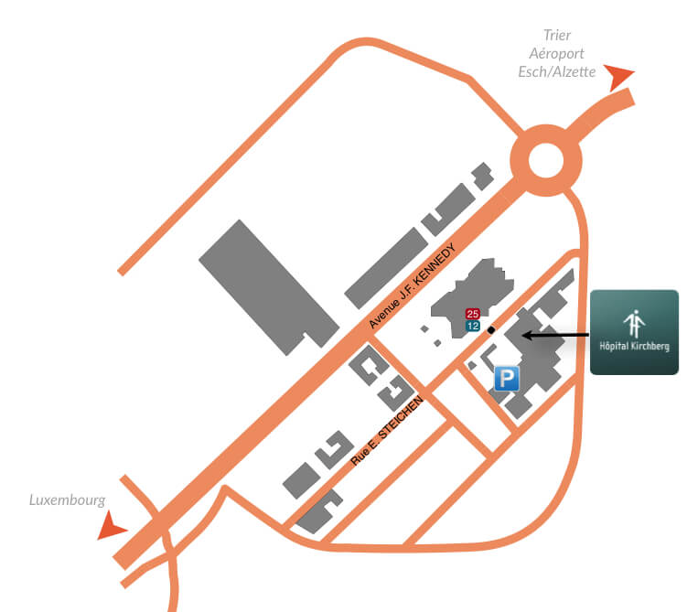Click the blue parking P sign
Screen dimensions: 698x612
coord(507,379)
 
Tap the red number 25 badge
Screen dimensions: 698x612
coord(472,314)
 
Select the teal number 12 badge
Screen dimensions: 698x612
coord(473,326)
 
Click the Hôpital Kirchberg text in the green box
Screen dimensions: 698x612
coord(634,347)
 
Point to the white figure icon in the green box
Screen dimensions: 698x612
coord(634,324)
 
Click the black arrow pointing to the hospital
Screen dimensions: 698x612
coord(555,335)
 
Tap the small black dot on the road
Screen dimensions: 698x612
coord(491,330)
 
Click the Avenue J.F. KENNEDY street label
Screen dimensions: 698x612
coord(413,285)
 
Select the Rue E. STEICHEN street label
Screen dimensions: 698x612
coord(387,431)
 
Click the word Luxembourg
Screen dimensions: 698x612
coord(67,500)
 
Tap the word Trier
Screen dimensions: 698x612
coord(557,35)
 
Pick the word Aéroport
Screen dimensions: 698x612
coord(556,53)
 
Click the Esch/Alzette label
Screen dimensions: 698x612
coord(557,71)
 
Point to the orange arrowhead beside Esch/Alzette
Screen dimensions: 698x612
coord(617,76)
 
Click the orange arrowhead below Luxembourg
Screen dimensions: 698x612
coord(111,526)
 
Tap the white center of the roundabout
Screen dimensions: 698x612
coord(546,160)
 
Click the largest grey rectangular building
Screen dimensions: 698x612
coord(269,287)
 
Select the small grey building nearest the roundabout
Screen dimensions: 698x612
coord(483,177)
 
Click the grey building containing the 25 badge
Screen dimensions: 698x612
coord(473,297)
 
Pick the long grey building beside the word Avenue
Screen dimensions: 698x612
coord(386,268)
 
